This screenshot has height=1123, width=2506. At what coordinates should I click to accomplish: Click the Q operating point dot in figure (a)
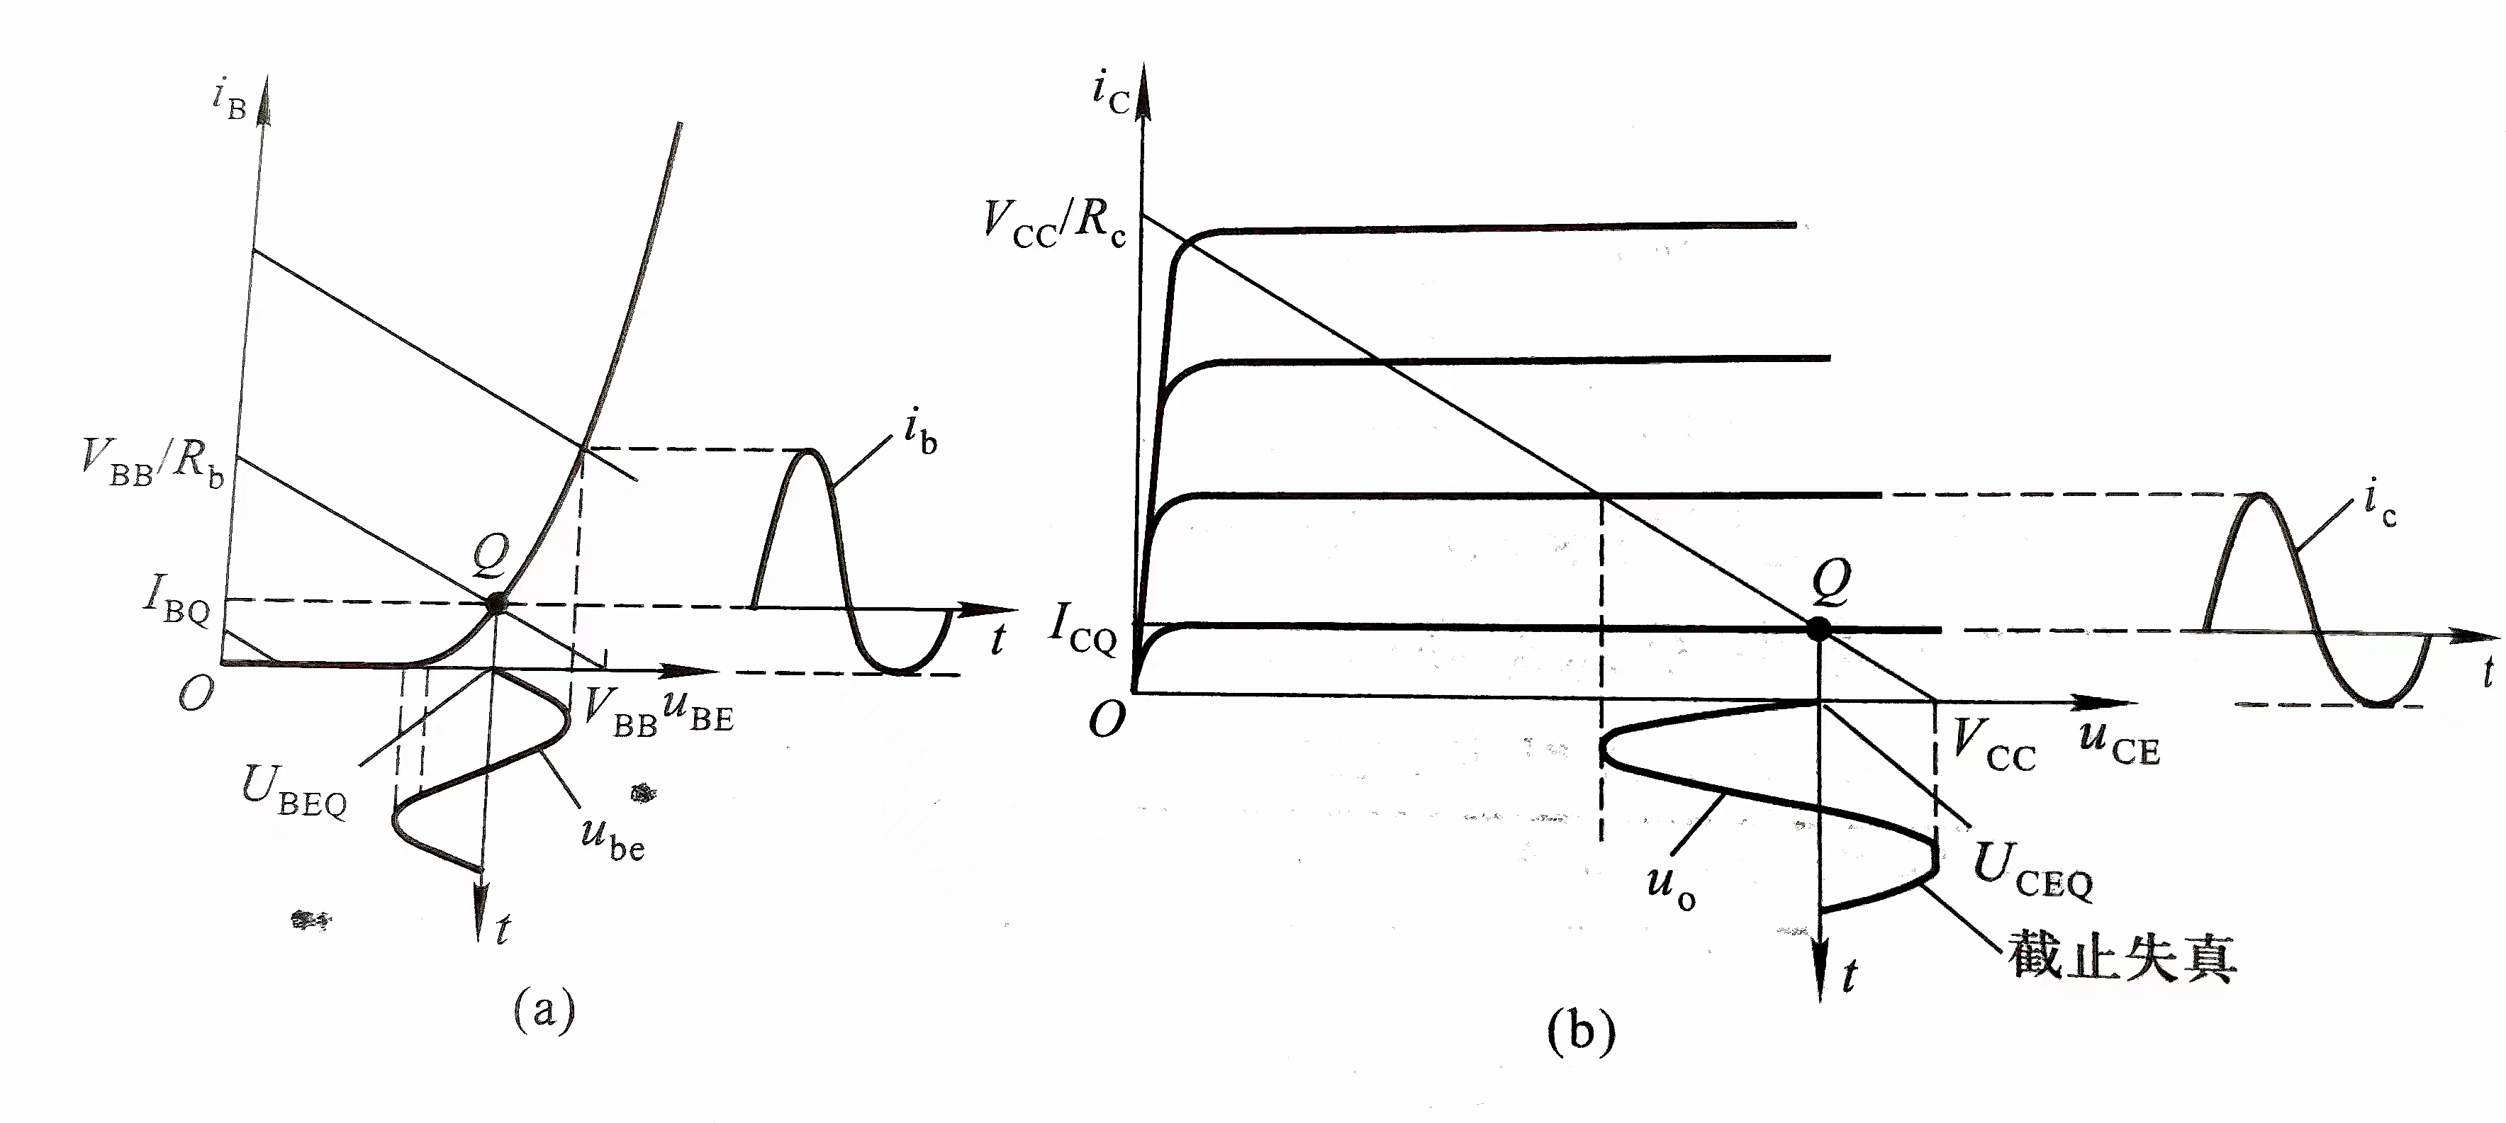496,603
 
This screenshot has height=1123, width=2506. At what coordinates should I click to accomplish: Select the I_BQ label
177,599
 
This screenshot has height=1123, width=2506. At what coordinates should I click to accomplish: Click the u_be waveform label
612,836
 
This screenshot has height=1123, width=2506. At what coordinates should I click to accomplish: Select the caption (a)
544,1008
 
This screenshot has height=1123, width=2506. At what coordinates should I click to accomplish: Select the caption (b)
1581,1031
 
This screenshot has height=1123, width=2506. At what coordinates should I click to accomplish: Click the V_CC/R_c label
1053,225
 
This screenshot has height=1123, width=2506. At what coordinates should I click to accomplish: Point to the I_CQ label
1083,630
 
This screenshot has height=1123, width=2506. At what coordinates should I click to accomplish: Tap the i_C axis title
1110,91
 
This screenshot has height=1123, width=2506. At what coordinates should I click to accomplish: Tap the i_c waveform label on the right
2381,507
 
